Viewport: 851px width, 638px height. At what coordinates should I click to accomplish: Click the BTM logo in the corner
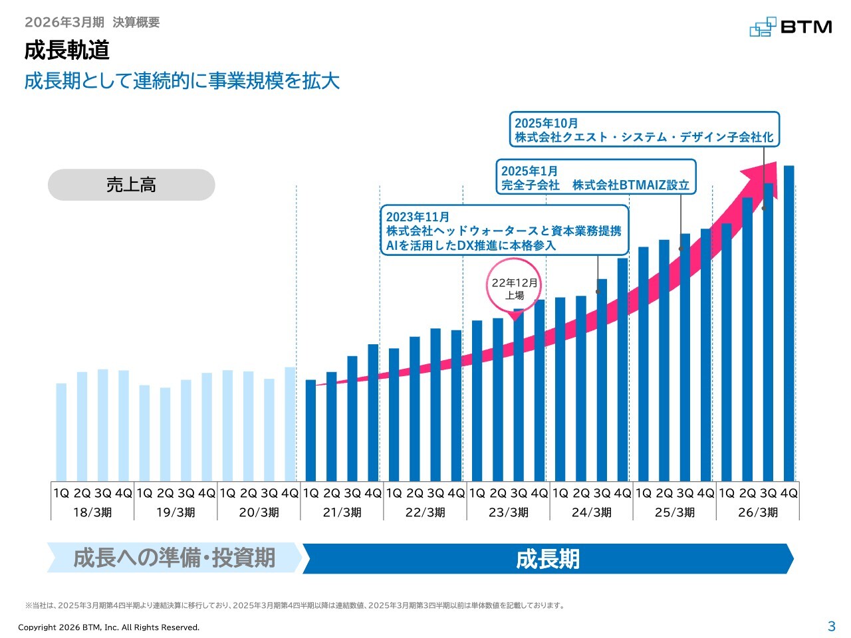point(790,27)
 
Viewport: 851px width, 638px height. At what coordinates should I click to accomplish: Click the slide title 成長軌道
point(66,51)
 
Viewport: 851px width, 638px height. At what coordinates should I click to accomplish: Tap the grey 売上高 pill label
point(131,184)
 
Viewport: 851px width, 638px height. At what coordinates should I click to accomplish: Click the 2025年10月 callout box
point(644,130)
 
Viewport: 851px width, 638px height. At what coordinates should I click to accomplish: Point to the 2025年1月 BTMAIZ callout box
point(596,177)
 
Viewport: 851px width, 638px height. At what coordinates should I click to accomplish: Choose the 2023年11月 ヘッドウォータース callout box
point(504,230)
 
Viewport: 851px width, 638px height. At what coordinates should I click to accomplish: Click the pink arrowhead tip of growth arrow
point(776,162)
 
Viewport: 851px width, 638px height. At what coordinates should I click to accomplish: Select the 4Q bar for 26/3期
point(789,324)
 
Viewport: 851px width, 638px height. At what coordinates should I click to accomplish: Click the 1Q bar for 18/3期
point(61,432)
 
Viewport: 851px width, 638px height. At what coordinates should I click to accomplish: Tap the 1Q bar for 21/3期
point(310,431)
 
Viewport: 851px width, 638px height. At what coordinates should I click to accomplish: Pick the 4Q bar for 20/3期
point(290,424)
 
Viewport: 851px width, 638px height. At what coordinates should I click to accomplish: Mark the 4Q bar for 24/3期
point(622,370)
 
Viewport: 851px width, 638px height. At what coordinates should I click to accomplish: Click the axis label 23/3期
point(509,512)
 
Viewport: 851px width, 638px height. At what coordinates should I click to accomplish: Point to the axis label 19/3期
point(176,512)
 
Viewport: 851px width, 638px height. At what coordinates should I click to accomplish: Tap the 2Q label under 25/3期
point(664,493)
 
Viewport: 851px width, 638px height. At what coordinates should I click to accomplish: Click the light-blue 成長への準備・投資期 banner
point(174,558)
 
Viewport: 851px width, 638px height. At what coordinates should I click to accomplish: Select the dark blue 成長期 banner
point(548,559)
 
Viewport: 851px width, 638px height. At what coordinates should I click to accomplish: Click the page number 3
point(831,626)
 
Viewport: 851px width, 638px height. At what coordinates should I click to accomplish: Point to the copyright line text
point(108,627)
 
